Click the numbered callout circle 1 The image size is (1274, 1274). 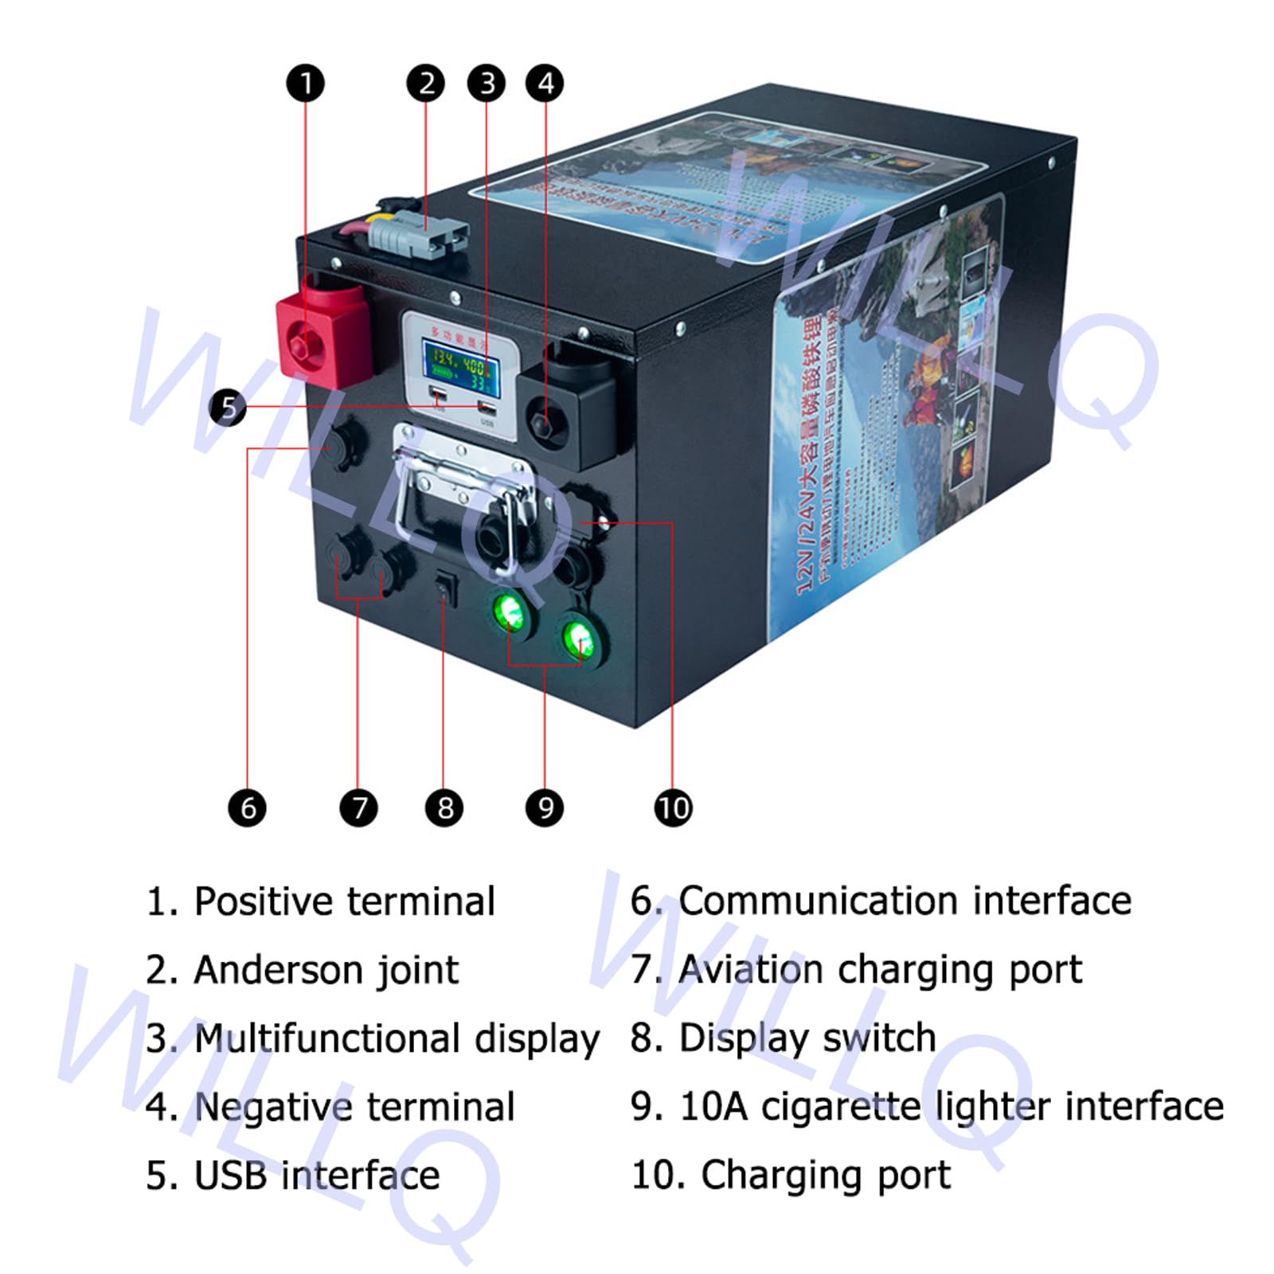point(305,83)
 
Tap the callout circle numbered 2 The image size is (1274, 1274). point(426,83)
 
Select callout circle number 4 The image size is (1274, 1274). point(545,83)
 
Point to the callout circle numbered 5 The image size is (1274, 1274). point(228,407)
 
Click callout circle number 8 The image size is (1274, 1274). point(444,807)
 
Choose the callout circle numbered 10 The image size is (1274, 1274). point(673,807)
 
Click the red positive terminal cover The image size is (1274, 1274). point(322,334)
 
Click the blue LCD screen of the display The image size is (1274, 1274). point(461,370)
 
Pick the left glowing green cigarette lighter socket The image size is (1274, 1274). point(510,613)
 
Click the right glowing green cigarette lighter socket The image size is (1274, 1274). point(579,639)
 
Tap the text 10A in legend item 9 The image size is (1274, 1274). point(714,1107)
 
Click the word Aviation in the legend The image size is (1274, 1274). point(751,970)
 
